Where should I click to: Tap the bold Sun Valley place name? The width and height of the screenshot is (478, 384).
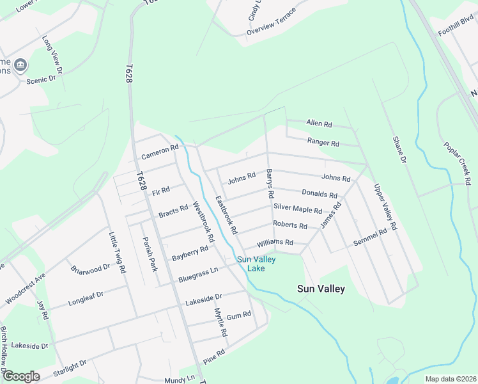click(x=321, y=289)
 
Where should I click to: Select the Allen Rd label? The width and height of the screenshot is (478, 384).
click(x=320, y=123)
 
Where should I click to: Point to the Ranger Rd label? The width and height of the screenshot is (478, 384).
click(x=323, y=142)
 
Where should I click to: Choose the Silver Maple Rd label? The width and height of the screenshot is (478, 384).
click(x=298, y=209)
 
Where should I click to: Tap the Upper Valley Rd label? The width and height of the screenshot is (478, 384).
click(x=386, y=208)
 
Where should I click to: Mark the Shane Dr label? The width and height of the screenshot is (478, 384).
click(x=399, y=150)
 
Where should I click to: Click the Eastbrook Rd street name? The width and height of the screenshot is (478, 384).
click(x=226, y=214)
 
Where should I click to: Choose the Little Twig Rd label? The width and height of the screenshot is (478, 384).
click(x=117, y=253)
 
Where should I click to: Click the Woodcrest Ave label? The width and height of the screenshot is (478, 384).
click(x=26, y=289)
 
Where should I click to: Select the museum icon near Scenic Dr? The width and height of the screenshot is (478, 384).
click(x=20, y=65)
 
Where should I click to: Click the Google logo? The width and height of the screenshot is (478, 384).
click(x=21, y=376)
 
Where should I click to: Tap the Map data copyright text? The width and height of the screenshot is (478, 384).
click(x=450, y=379)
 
